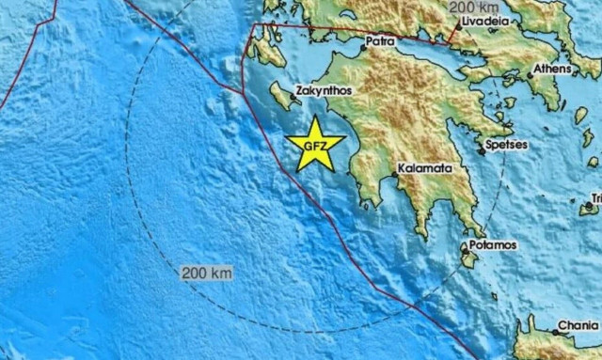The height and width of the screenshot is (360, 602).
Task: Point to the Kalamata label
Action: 424,168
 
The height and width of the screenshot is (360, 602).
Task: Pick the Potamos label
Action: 495,245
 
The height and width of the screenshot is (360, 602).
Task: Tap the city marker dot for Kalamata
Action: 394,176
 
